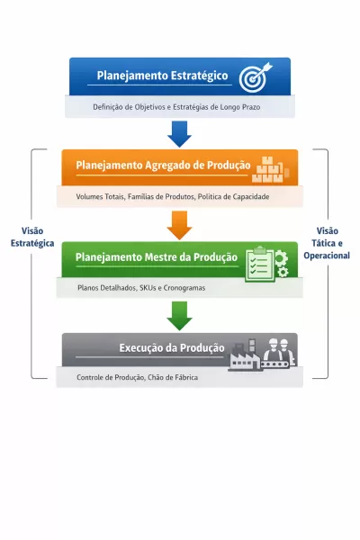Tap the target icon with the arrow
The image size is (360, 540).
(253, 76)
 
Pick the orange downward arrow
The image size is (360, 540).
(179, 225)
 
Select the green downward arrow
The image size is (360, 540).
(179, 316)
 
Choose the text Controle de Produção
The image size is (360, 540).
(109, 377)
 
